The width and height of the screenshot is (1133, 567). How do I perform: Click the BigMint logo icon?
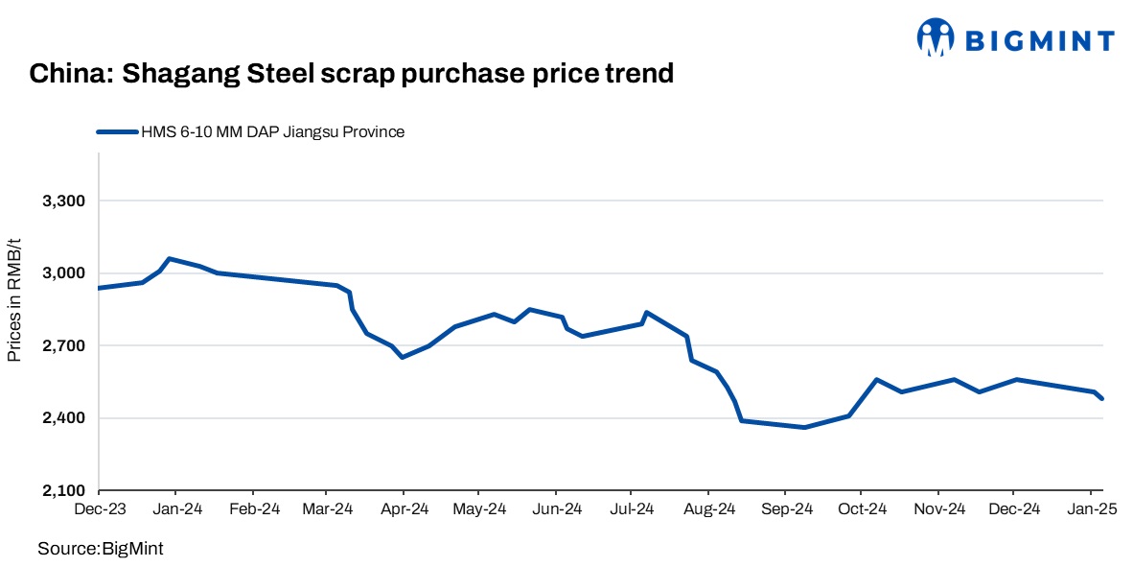tap(936, 38)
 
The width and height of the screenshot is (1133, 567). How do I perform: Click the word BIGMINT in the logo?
tap(1039, 40)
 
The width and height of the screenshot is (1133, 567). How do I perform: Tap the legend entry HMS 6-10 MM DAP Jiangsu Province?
tap(272, 132)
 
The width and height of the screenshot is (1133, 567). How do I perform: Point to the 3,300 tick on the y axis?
tap(64, 201)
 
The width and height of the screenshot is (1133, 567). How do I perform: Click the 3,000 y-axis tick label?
tap(64, 273)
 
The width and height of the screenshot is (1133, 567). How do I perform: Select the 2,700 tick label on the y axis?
tap(64, 345)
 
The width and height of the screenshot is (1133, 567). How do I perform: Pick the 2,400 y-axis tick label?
tap(64, 418)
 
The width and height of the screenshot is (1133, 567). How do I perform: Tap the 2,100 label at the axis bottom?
tap(64, 490)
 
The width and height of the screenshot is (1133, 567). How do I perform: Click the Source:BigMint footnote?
tap(101, 548)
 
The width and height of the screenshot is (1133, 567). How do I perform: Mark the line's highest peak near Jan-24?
tap(170, 258)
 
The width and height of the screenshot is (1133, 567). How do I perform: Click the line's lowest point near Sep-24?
tap(804, 427)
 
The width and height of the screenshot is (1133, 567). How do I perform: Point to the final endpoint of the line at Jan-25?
tap(1102, 399)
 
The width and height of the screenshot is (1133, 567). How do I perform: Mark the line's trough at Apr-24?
tap(403, 357)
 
